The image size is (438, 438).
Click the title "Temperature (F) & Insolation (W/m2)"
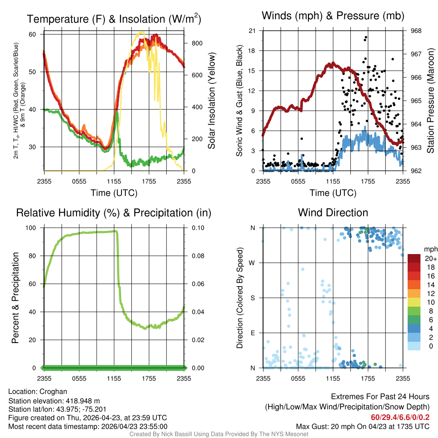(x=114, y=19)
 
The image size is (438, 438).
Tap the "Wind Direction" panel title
(x=333, y=213)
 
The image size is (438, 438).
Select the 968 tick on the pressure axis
(x=416, y=31)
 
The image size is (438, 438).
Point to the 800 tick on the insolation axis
(x=197, y=43)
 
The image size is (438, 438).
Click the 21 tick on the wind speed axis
(x=252, y=31)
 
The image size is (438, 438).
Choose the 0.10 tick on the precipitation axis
(x=198, y=228)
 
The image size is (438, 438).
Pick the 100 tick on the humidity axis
(x=31, y=228)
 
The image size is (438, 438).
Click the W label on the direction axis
(x=252, y=263)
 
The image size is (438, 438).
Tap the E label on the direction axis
(x=252, y=333)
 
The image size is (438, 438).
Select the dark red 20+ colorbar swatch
(x=414, y=258)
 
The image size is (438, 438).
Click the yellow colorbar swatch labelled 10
(x=414, y=302)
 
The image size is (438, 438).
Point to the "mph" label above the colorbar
(x=430, y=249)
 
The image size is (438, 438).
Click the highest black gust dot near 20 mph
(x=366, y=37)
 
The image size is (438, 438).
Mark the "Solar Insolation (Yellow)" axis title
(x=211, y=101)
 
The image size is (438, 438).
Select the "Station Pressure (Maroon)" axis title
(x=430, y=101)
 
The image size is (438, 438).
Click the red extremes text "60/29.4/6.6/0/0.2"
(x=400, y=417)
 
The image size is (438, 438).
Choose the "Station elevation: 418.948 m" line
(x=54, y=401)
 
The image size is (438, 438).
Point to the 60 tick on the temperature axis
(x=33, y=34)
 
